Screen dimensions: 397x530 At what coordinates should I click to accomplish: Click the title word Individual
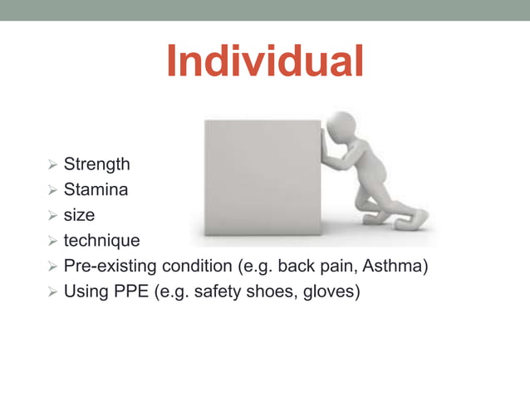[264, 61]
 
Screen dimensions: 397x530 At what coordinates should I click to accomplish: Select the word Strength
[96, 164]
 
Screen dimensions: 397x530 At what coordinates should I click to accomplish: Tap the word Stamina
[96, 190]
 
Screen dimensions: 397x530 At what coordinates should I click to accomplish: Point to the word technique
[101, 241]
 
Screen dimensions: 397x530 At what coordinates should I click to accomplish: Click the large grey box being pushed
[262, 176]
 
